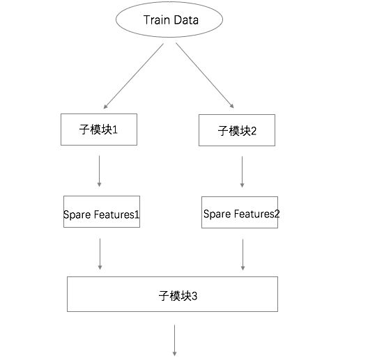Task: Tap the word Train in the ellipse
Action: coord(157,19)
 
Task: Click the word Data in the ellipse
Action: coord(186,19)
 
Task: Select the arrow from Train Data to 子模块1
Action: coord(134,76)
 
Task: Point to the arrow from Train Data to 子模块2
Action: coord(205,75)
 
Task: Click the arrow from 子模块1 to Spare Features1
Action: coord(99,171)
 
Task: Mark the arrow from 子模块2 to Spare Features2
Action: coord(243,172)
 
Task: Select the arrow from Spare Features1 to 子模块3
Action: coord(100,254)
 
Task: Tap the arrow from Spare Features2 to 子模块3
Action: coord(243,255)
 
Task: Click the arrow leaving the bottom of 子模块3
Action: coord(175,341)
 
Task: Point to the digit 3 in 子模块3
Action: coord(194,297)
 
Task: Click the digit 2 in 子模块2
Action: coord(254,131)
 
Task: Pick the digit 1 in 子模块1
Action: coord(115,130)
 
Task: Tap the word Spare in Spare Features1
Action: coord(77,215)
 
